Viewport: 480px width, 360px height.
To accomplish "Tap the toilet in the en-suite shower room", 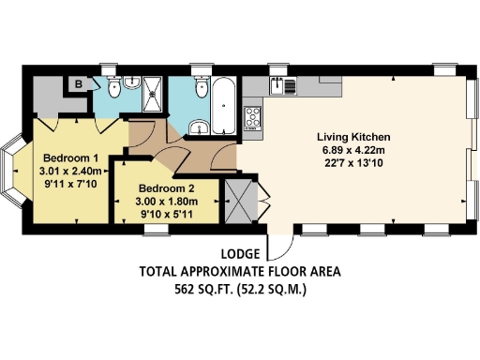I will click(113, 88).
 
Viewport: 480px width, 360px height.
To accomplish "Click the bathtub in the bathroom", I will click(225, 108).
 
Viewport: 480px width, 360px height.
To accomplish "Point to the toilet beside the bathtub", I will click(200, 89).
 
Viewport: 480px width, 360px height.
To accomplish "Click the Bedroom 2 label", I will click(164, 187).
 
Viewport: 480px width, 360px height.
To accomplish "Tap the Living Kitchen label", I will click(352, 137).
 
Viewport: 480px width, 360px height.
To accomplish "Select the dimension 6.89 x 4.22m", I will click(352, 150).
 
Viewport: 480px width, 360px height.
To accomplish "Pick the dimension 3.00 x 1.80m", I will click(164, 201).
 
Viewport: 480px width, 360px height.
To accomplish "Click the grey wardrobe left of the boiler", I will click(47, 95).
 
